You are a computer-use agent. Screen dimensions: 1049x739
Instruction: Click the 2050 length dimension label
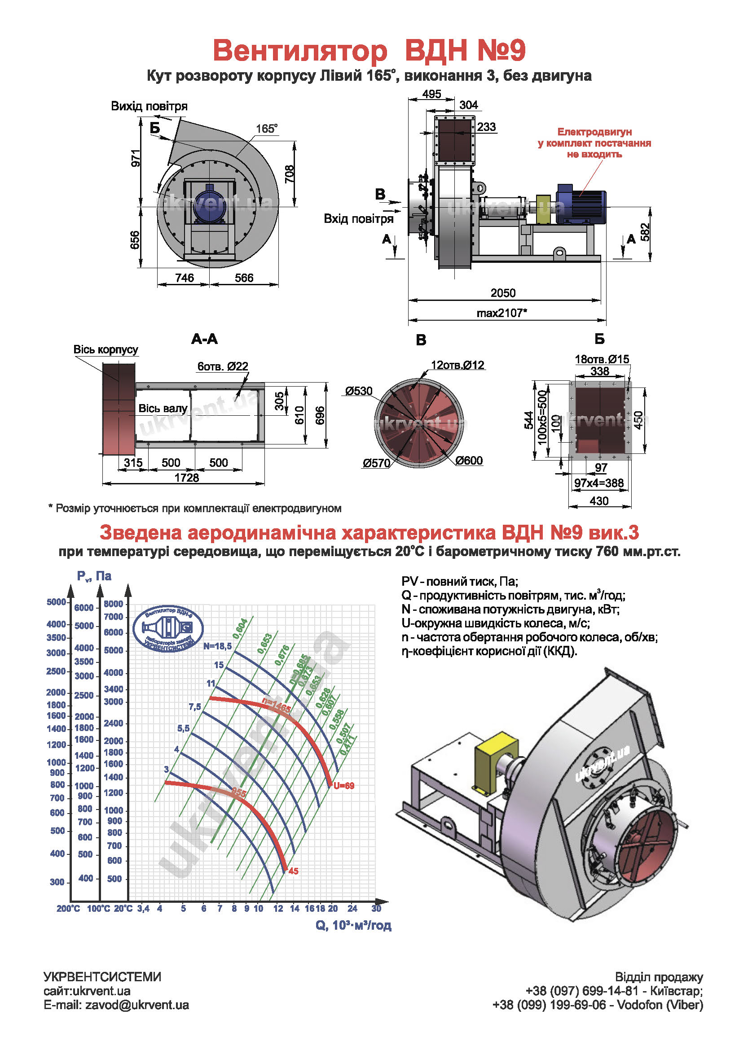(x=502, y=293)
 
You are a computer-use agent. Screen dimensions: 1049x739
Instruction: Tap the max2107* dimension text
(x=501, y=313)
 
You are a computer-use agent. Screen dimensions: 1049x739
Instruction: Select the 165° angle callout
(x=267, y=129)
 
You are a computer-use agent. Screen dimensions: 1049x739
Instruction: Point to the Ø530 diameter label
(x=359, y=391)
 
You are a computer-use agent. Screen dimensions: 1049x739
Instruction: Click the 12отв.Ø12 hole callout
(x=457, y=365)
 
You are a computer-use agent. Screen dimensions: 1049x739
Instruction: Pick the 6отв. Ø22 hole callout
(x=223, y=366)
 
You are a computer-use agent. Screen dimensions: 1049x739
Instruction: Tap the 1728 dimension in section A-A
(x=187, y=478)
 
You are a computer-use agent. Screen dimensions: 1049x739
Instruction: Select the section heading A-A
(x=204, y=339)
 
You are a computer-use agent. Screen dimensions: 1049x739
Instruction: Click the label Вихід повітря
(x=149, y=106)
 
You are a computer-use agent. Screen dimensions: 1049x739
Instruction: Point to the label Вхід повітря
(x=359, y=218)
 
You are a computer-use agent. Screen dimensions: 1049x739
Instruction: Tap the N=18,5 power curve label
(x=217, y=646)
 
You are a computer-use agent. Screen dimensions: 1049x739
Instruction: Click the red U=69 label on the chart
(x=344, y=786)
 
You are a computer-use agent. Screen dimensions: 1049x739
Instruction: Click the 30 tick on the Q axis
(x=376, y=908)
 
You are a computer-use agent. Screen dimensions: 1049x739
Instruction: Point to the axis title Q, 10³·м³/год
(x=353, y=925)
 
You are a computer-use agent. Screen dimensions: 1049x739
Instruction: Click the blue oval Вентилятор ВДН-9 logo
(x=168, y=629)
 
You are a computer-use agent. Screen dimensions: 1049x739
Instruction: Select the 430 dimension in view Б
(x=598, y=501)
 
